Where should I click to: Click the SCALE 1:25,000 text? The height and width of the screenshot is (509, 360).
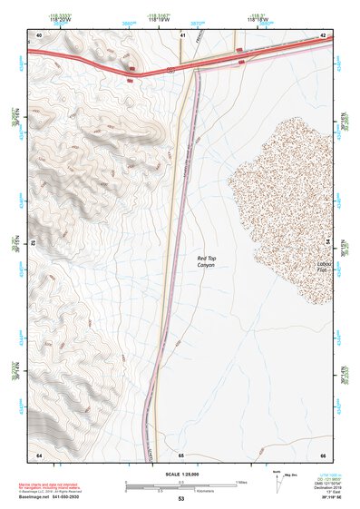point(180,475)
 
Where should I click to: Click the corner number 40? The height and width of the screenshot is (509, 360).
point(39,34)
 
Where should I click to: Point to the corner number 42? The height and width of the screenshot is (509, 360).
point(323,34)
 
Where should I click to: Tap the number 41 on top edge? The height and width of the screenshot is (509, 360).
point(182,34)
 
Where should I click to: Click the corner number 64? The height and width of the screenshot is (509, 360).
point(39,455)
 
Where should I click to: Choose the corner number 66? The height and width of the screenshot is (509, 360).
point(322,455)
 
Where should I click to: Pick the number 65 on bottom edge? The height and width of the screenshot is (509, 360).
point(180,455)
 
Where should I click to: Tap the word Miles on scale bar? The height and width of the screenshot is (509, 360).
point(241,482)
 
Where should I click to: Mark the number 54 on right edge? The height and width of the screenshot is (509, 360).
point(328,243)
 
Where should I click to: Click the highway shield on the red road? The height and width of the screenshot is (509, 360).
point(132,68)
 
